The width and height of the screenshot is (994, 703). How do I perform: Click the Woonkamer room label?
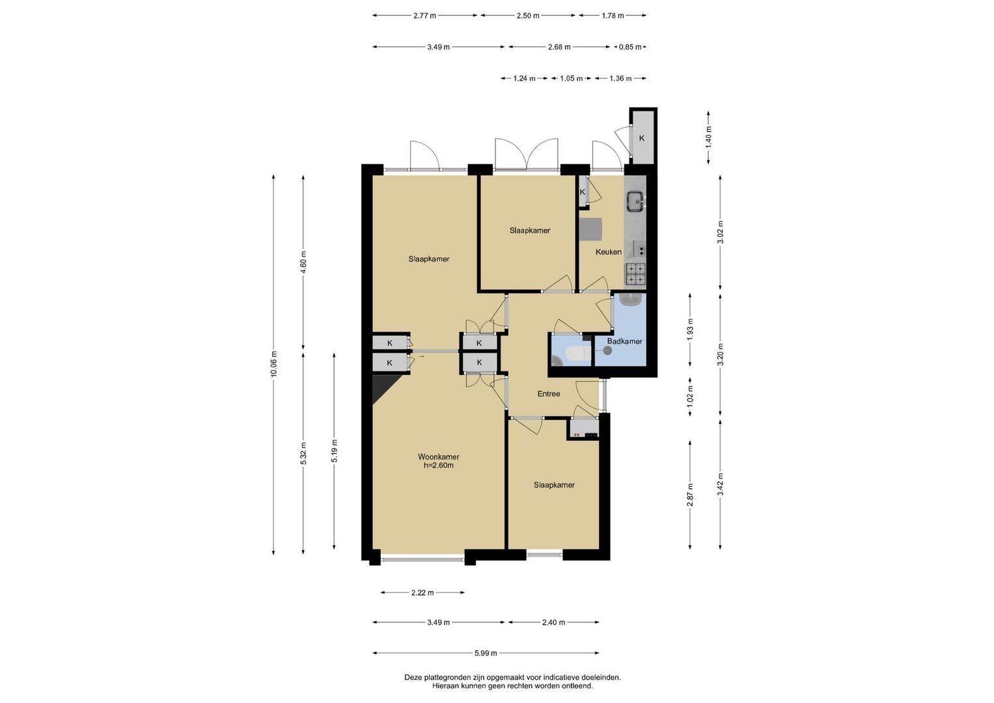tap(438, 457)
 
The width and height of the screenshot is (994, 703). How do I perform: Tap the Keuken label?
tap(609, 252)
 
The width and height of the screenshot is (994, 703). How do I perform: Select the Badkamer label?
tap(625, 341)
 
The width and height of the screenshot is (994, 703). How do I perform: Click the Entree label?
tap(549, 394)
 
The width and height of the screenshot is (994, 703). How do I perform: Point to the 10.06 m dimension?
tap(274, 364)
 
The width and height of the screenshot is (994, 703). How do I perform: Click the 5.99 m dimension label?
tap(486, 653)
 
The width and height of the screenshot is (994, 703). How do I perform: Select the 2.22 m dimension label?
tap(422, 592)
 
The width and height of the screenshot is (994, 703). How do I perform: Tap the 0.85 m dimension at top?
tap(630, 47)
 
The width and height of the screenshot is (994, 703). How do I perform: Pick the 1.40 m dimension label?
tap(709, 137)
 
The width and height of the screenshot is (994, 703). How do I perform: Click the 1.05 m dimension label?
tap(571, 79)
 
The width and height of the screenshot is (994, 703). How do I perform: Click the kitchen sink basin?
tap(636, 201)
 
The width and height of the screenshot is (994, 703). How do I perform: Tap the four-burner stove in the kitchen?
tap(635, 273)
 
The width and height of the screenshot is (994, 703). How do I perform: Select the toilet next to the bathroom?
tap(578, 354)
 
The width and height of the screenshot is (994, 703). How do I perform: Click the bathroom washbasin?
tap(631, 299)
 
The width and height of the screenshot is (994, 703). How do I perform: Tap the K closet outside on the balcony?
tap(642, 138)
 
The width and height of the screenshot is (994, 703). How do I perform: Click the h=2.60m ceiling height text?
tap(439, 465)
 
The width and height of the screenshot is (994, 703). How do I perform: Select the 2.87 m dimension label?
tap(690, 495)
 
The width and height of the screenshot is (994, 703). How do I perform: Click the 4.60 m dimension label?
tap(303, 263)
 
